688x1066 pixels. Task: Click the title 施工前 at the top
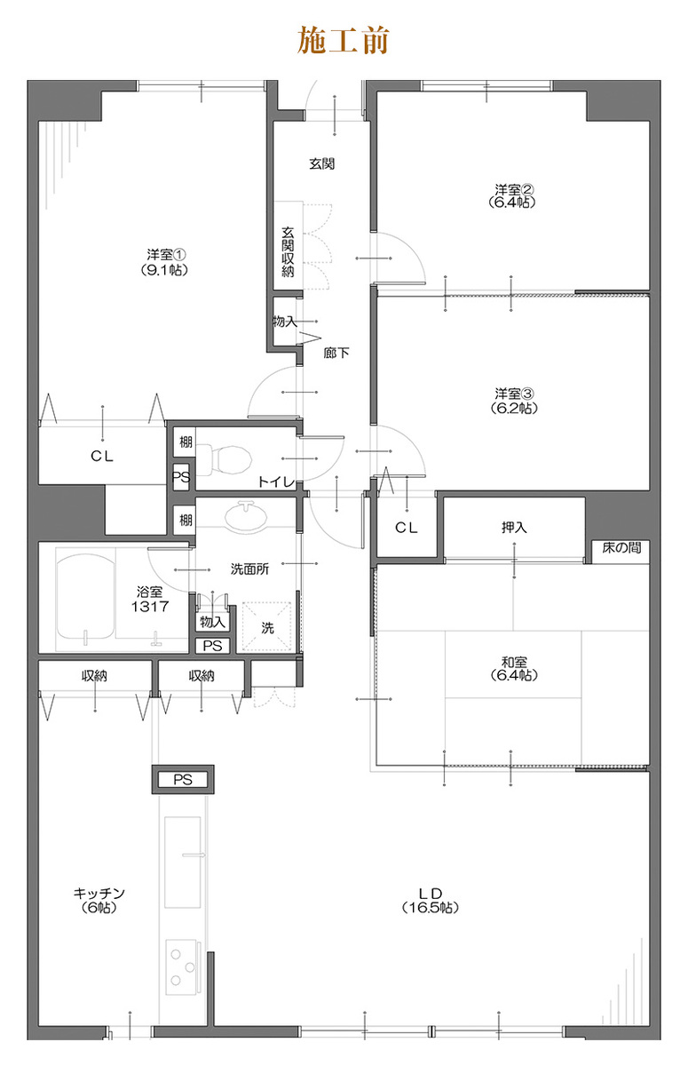pos(344,41)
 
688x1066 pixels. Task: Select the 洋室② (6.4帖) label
pos(513,195)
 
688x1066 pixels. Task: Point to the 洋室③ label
pos(513,394)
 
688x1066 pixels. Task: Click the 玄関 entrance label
pos(322,163)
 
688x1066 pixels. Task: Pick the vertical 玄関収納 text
pos(289,251)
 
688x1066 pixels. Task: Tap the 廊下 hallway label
pos(336,353)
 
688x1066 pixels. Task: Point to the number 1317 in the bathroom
pos(150,606)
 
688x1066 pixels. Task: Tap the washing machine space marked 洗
pos(266,627)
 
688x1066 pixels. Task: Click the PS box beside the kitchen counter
pos(183,780)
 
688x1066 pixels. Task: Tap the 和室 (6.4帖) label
pos(513,668)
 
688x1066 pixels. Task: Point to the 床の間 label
pos(621,548)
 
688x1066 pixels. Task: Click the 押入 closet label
pos(513,527)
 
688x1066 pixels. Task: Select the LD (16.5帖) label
pos(431,901)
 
